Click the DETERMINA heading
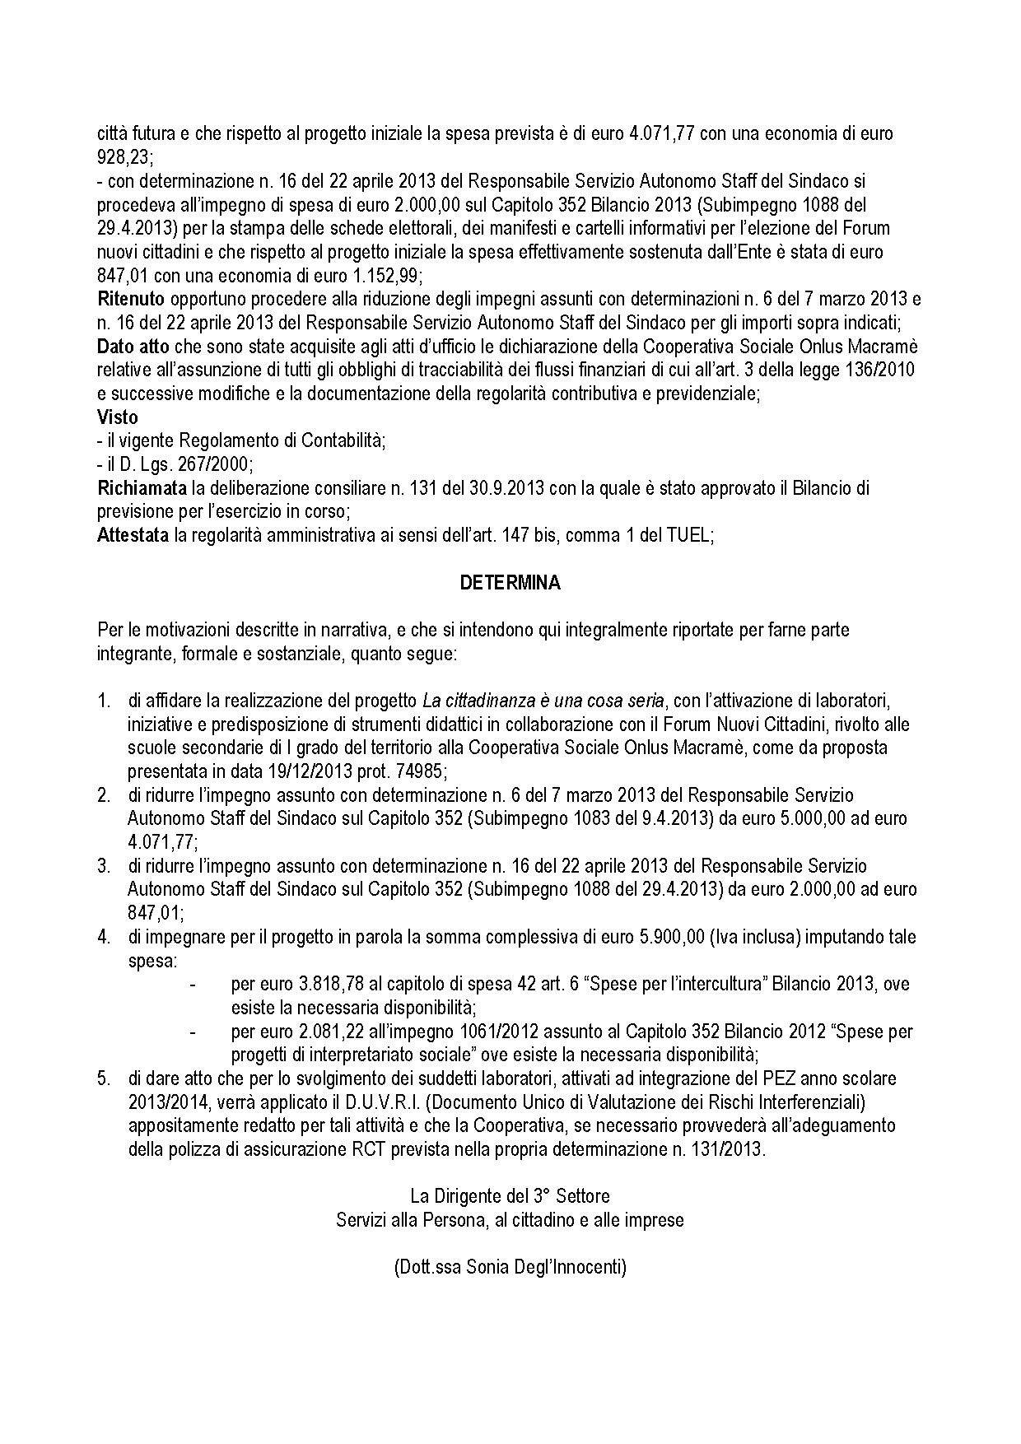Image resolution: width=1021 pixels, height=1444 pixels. coord(510,583)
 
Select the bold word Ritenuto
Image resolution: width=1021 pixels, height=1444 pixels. coord(131,298)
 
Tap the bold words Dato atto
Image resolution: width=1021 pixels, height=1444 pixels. coord(133,346)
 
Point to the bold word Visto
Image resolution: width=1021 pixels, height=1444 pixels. coord(118,417)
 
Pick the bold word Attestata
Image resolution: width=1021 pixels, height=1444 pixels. coord(133,536)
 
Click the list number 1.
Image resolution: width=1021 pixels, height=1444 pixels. coord(104,701)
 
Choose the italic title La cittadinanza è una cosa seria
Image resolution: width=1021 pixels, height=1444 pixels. coord(543,701)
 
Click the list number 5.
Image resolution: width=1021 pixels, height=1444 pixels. coord(104,1078)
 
